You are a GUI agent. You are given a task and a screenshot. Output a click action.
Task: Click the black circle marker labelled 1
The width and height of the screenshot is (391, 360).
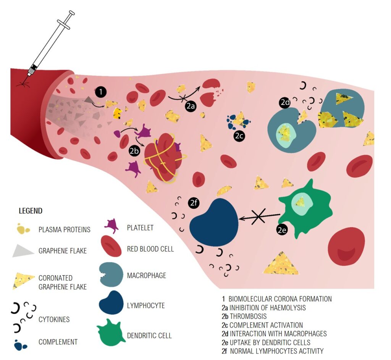tap(100, 92)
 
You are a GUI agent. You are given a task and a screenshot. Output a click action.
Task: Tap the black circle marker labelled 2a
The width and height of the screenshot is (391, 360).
tap(191, 107)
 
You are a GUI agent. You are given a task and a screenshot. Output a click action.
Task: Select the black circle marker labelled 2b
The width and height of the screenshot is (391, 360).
tap(134, 151)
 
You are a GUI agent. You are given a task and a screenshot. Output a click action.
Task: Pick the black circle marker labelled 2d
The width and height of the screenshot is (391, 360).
tap(285, 102)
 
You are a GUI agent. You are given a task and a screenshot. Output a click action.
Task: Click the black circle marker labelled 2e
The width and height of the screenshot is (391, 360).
tap(282, 230)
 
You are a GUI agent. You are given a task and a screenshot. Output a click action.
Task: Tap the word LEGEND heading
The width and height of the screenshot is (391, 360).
tap(31, 211)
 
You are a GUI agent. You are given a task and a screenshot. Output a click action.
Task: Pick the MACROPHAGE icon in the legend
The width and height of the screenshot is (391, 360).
tap(111, 274)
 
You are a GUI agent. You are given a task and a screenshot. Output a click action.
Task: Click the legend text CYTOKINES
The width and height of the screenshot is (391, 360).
tap(54, 320)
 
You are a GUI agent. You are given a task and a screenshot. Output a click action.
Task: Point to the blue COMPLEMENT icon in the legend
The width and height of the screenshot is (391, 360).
tap(20, 345)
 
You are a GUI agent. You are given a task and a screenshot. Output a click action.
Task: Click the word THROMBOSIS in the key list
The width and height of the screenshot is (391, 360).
tap(248, 316)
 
